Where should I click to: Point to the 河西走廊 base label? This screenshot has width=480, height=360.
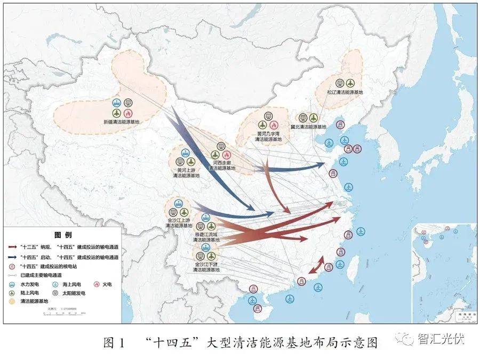tap(221, 164)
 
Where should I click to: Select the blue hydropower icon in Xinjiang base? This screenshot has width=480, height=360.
tap(117, 103)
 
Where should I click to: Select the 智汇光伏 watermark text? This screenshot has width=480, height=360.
tap(441, 339)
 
